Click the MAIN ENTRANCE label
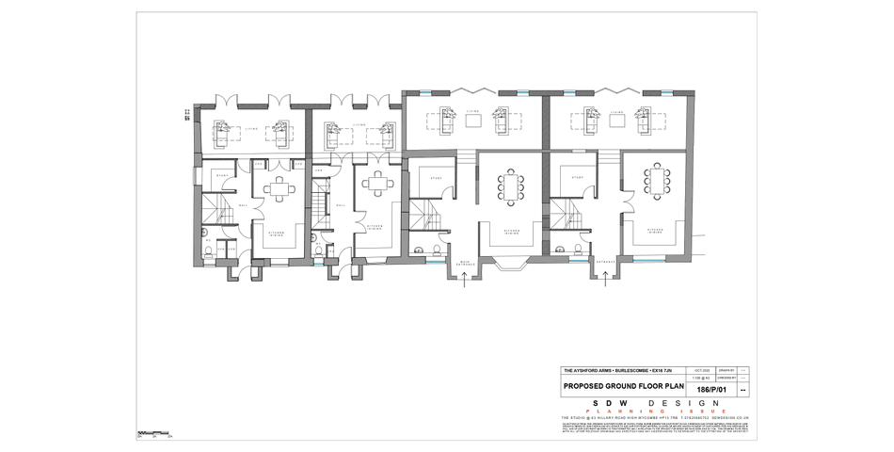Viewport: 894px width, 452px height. [x=465, y=264]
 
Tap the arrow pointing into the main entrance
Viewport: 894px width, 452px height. [x=465, y=281]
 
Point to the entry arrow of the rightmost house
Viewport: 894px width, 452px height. [x=604, y=276]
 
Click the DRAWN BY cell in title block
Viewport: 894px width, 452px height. [x=726, y=370]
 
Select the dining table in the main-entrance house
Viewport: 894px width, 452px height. [x=512, y=186]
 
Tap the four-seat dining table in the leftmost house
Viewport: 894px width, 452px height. [x=281, y=187]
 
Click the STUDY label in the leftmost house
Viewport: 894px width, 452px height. [x=222, y=175]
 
